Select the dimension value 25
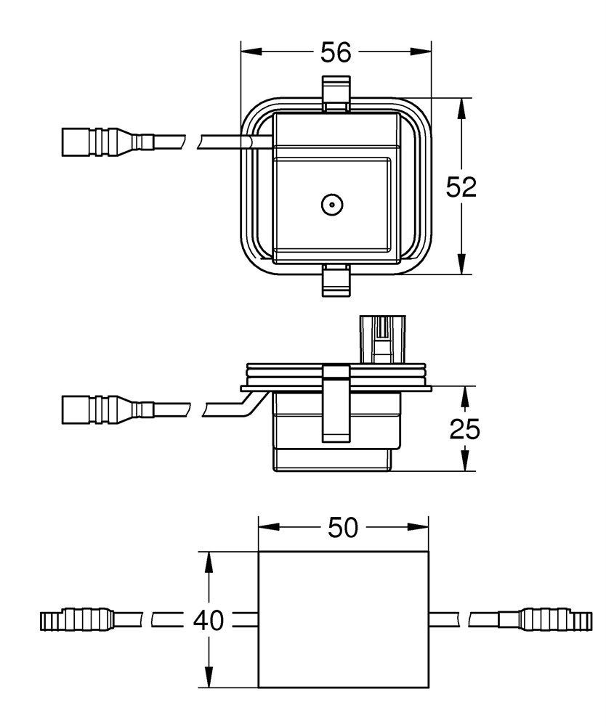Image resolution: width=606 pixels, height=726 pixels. click(x=464, y=430)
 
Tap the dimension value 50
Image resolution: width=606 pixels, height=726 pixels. click(x=343, y=529)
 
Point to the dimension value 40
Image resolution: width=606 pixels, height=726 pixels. click(x=209, y=621)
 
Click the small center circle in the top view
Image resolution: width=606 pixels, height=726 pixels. click(x=331, y=206)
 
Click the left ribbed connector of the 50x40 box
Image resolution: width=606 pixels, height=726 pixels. click(x=76, y=620)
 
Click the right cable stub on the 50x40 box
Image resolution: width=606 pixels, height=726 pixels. click(x=444, y=620)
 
